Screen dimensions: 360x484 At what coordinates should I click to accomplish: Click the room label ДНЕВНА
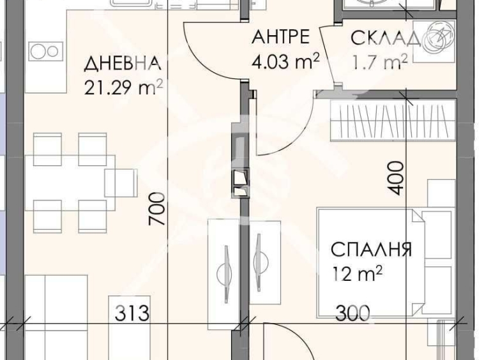coord(122,64)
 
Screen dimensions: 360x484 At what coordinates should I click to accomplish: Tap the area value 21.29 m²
coord(122,87)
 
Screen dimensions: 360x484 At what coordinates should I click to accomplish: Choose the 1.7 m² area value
coord(379,63)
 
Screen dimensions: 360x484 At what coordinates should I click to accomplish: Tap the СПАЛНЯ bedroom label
coord(370,249)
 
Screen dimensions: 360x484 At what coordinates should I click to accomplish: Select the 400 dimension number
coord(396,178)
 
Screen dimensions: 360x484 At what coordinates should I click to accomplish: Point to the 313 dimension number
coord(132,313)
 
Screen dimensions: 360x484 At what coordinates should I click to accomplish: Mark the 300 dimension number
coord(352,313)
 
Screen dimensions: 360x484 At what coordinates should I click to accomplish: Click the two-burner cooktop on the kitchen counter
coord(43,50)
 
